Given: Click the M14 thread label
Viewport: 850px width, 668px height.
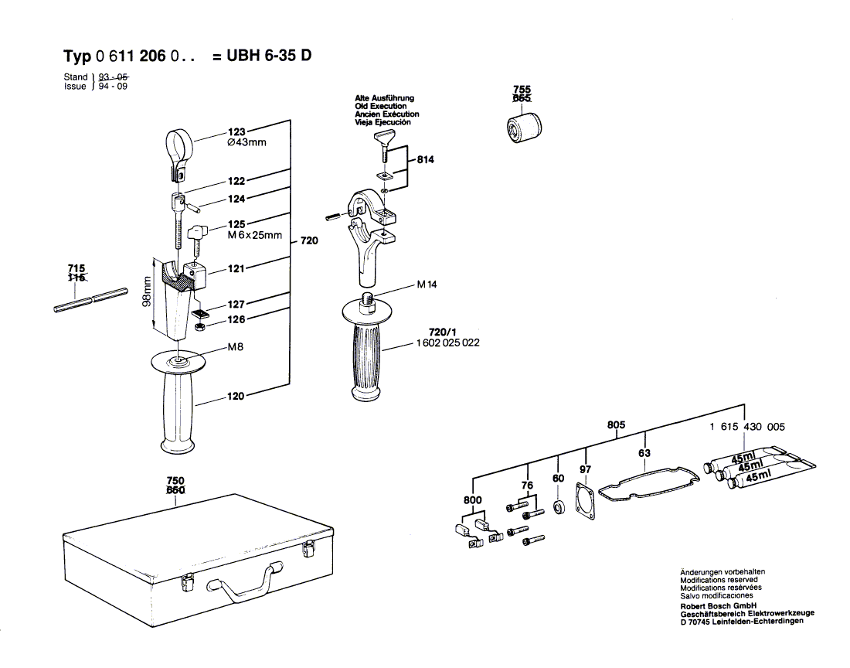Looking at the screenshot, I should pyautogui.click(x=427, y=285).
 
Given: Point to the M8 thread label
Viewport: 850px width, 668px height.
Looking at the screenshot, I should pyautogui.click(x=235, y=348).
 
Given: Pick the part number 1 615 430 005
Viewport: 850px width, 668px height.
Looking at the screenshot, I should pyautogui.click(x=746, y=427).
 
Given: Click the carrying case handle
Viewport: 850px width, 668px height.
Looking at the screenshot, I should pyautogui.click(x=246, y=581).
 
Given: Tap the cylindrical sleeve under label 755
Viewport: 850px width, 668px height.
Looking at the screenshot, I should pyautogui.click(x=523, y=127).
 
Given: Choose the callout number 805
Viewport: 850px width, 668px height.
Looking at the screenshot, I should pyautogui.click(x=616, y=424).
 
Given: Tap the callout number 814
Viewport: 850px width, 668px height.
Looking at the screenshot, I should pyautogui.click(x=425, y=159).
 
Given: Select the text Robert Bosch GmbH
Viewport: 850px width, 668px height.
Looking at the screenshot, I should pyautogui.click(x=718, y=605).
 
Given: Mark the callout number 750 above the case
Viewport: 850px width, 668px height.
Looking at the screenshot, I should pyautogui.click(x=175, y=480).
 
